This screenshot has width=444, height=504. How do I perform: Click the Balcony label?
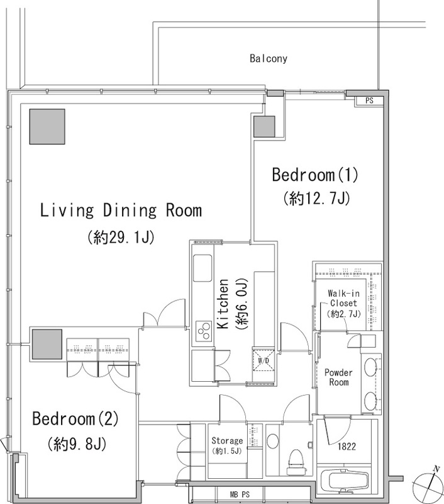tap(268, 59)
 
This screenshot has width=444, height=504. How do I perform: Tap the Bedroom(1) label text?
tap(314, 175)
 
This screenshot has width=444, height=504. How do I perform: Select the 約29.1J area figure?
tap(121, 238)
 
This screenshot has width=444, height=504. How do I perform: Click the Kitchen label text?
tap(223, 304)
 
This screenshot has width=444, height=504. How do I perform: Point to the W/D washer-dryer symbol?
tap(264, 360)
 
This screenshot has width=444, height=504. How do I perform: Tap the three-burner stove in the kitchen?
tap(204, 331)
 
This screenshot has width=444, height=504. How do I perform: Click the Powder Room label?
tap(338, 377)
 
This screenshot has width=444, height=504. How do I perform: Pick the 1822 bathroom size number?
tap(347, 447)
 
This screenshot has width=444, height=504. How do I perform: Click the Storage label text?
tap(227, 440)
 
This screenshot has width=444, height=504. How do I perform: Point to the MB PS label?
tap(240, 495)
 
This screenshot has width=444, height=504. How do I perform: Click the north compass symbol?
tap(425, 484)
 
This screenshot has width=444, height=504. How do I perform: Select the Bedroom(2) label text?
tap(75, 419)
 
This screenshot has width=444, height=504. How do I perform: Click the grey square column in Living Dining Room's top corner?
tap(47, 127)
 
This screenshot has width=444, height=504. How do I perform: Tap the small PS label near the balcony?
tap(369, 101)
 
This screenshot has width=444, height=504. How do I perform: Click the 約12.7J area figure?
tap(316, 198)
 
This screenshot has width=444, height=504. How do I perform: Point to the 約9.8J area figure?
tap(77, 445)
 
